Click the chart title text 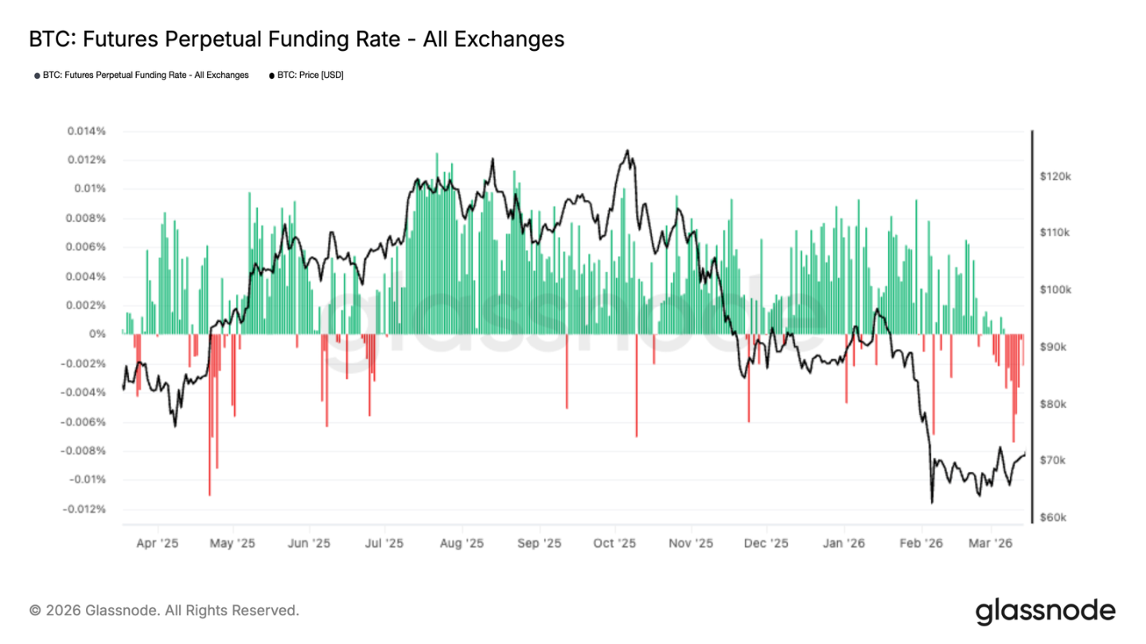296,39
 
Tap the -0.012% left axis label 87,509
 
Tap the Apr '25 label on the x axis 158,544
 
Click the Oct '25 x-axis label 614,544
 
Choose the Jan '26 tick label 844,544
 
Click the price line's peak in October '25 628,150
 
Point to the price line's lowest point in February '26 931,502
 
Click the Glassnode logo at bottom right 1045,611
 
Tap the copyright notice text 164,611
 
